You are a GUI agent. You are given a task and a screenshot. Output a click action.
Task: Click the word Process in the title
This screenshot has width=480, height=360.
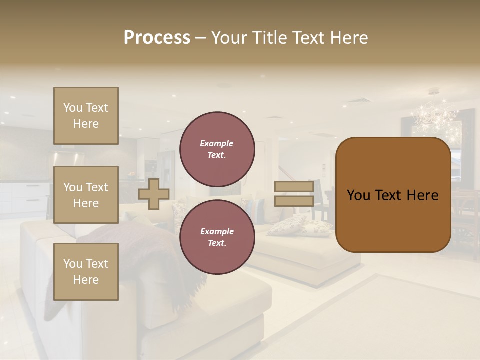[157, 38]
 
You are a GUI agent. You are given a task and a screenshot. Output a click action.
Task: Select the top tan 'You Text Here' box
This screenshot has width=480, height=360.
[86, 116]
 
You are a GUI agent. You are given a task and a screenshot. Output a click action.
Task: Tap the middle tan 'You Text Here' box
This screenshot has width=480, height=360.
[86, 195]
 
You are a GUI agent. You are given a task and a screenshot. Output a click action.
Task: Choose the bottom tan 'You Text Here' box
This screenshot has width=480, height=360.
[86, 272]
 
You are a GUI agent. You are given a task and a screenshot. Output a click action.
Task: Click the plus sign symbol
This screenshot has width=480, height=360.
[154, 194]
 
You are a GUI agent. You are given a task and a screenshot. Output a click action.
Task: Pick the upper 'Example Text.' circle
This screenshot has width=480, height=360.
[217, 149]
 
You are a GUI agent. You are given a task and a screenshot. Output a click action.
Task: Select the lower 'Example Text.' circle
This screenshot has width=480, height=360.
[217, 237]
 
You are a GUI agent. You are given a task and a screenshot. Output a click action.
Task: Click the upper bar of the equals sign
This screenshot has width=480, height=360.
[294, 186]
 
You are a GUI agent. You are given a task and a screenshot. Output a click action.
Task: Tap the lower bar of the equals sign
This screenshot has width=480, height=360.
[294, 201]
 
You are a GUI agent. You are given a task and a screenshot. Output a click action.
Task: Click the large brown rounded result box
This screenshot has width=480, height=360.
[393, 195]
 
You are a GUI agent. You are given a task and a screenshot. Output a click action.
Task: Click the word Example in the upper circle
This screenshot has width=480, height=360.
[217, 143]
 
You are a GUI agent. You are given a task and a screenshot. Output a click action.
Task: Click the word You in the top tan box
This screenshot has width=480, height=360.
[73, 108]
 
